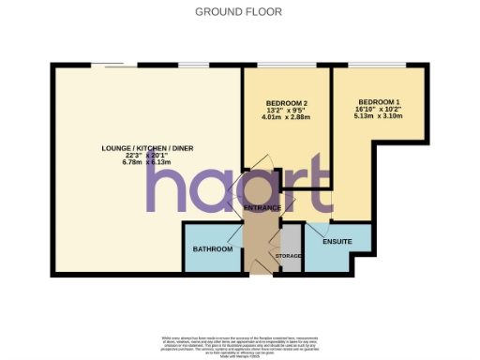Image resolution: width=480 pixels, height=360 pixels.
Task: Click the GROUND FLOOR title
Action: [239, 11]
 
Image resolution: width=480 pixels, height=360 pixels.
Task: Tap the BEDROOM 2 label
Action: [287, 102]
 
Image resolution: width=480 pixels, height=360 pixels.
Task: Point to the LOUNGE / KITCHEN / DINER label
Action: [142, 147]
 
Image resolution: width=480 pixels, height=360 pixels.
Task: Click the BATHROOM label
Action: [213, 248]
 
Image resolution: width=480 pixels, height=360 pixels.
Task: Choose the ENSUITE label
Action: [337, 242]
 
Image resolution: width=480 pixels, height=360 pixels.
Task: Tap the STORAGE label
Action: [288, 255]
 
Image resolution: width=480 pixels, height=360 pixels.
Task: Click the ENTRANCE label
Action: [263, 206]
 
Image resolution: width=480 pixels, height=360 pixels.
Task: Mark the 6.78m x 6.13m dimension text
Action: [142, 162]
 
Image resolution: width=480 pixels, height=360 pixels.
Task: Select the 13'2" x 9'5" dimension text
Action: [287, 110]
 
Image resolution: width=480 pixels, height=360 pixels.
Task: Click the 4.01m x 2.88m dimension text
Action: [287, 117]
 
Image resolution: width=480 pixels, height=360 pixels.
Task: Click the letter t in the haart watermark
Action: [319, 184]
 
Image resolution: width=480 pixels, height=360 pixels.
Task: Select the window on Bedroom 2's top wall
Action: [286, 66]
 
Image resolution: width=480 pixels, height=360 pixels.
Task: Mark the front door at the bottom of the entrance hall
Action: [255, 273]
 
